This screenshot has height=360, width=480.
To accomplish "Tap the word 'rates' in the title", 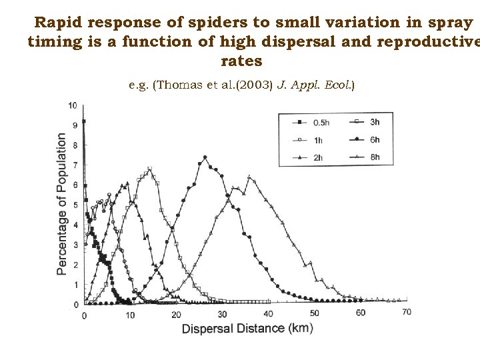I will (x=241, y=61).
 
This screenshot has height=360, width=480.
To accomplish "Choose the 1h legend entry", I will (x=309, y=140).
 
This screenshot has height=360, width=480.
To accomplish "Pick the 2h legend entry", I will (x=309, y=158).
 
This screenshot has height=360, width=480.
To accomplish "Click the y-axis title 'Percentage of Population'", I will (x=61, y=204).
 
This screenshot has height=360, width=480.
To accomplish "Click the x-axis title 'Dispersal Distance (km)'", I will (x=247, y=328).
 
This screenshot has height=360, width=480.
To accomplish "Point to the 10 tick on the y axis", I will (x=73, y=105).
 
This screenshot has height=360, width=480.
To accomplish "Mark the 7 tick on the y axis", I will (x=75, y=165).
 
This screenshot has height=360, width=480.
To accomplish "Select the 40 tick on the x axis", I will (x=268, y=313).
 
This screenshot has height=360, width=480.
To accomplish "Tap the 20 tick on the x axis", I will (x=176, y=314).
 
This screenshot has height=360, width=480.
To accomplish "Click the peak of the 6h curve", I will (x=205, y=157).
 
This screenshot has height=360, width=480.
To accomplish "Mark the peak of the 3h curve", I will (x=149, y=169).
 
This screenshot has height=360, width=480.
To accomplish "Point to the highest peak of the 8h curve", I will (x=249, y=177).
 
